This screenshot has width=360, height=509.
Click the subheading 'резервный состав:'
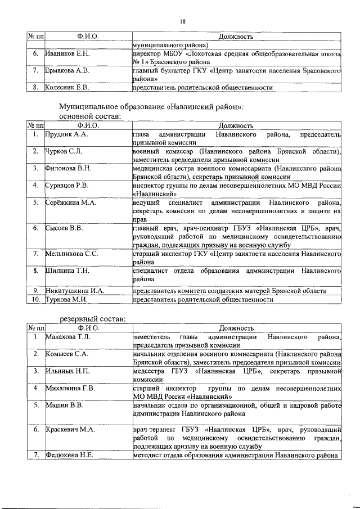point(93,319)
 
